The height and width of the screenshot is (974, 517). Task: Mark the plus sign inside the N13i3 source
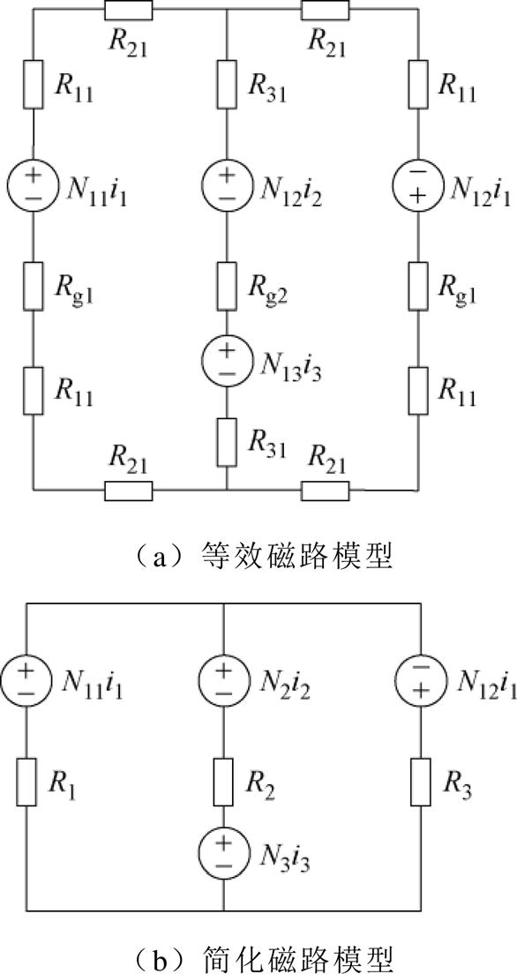click(227, 352)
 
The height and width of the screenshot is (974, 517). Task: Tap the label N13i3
click(284, 364)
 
